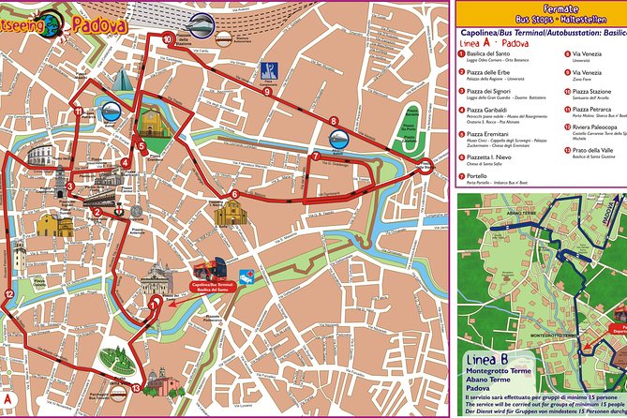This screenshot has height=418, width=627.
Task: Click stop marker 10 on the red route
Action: coord(167,39)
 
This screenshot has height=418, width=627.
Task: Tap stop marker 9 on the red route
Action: coord(267,92)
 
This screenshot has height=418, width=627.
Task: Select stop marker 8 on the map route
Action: coord(334,121)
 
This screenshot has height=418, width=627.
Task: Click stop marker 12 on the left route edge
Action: coord(8,294)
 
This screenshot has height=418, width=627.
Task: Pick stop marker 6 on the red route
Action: coord(234,194)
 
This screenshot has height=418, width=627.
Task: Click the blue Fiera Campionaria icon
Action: coord(270,70)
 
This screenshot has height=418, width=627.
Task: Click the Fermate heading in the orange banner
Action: coord(540,8)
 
